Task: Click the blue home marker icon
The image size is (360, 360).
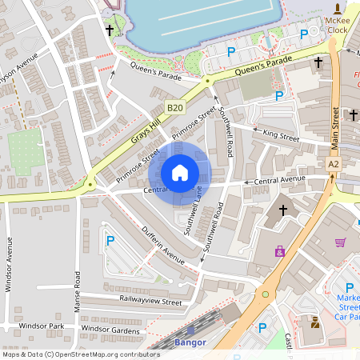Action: [180, 173]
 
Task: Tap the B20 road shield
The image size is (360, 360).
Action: [174, 106]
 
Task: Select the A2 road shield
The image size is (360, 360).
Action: [333, 164]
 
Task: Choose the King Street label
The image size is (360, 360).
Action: [280, 138]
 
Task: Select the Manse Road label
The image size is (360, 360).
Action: [77, 291]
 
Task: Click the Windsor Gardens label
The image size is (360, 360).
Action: [110, 331]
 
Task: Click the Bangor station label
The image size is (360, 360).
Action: [190, 342]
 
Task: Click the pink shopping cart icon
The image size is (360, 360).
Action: [341, 242]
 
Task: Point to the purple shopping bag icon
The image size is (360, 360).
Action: [279, 251]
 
